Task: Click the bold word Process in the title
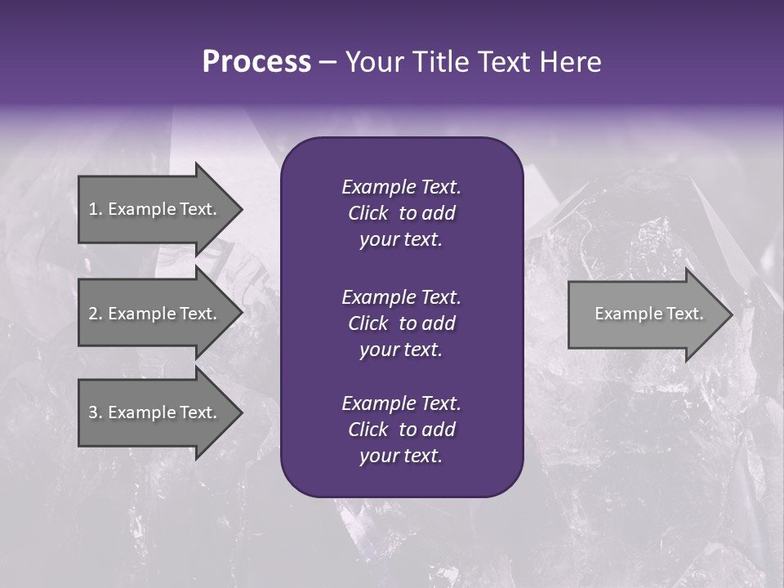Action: tap(256, 62)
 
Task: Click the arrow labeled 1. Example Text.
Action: tap(155, 209)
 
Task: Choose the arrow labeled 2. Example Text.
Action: tap(155, 314)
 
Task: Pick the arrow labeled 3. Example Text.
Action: tap(155, 412)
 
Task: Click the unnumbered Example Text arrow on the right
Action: tap(645, 314)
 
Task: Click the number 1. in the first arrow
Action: tap(96, 209)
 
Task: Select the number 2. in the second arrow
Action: tap(96, 314)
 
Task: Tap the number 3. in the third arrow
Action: tap(96, 412)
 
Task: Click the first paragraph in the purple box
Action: tap(401, 213)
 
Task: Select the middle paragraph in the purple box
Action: tap(401, 323)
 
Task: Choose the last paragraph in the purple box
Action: tap(401, 430)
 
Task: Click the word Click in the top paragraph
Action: tap(367, 213)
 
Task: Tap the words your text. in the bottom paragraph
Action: tap(401, 457)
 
